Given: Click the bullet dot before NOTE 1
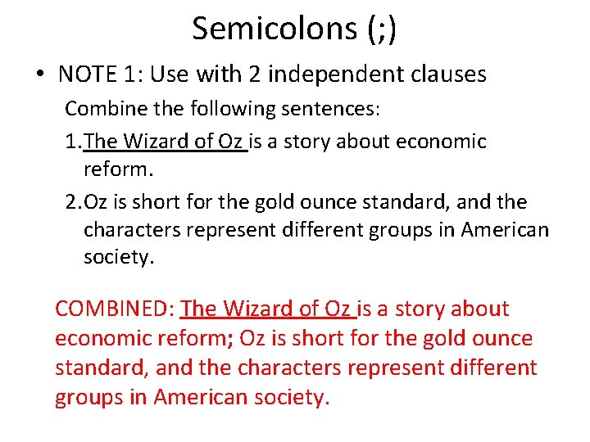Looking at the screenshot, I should pos(39,75).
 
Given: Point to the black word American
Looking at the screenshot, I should pos(505,231).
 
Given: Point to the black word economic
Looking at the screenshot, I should pos(441,142).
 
